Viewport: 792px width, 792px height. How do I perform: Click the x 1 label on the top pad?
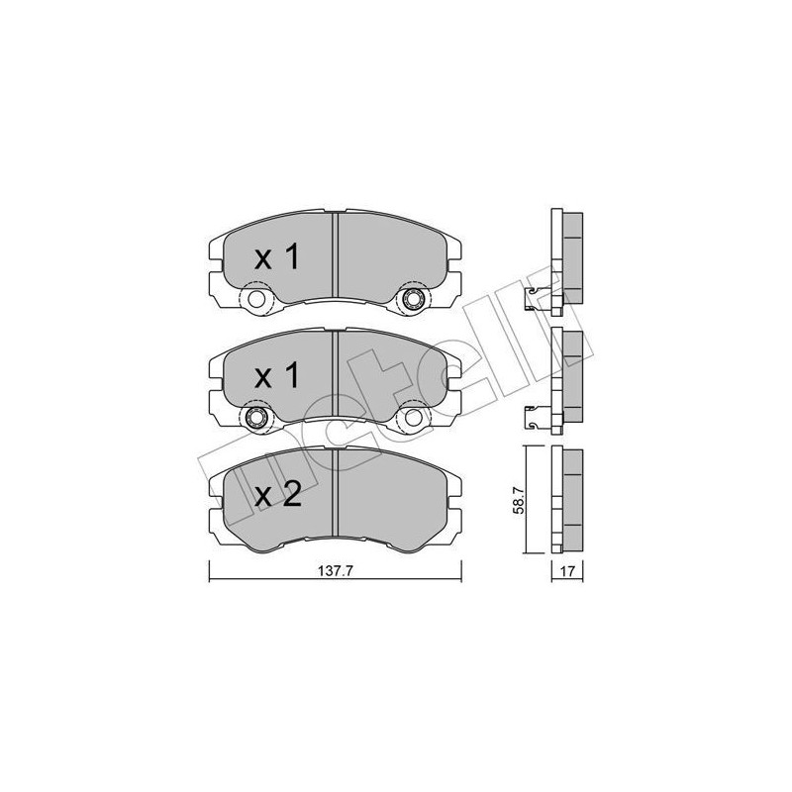click(276, 259)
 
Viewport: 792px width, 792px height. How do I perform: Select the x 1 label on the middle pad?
click(276, 376)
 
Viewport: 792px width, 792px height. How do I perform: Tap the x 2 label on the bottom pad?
click(276, 494)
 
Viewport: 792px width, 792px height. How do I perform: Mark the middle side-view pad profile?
click(569, 377)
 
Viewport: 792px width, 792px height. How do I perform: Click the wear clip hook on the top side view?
click(537, 294)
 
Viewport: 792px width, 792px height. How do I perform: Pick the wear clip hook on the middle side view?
click(537, 413)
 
